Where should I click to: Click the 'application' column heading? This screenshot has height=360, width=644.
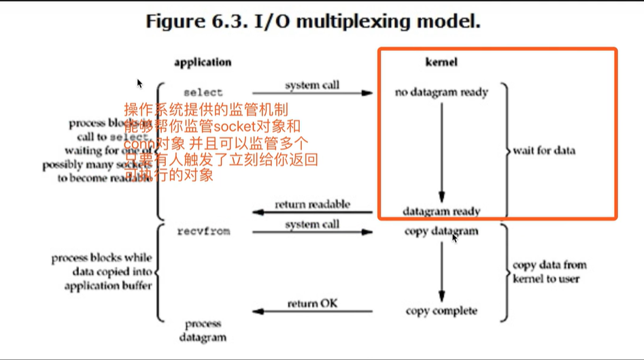click(202, 62)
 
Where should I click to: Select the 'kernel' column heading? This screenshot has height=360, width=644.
click(441, 62)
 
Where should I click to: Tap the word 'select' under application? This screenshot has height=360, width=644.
click(203, 92)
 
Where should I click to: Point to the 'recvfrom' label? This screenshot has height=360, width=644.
click(203, 231)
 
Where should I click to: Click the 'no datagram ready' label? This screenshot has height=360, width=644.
click(441, 92)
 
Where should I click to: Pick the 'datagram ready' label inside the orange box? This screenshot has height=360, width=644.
click(441, 211)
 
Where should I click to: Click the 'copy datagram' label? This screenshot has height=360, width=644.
click(441, 231)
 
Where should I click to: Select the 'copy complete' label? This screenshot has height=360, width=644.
click(441, 311)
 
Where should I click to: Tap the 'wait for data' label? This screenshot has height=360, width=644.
click(544, 150)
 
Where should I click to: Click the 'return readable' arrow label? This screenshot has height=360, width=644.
click(312, 204)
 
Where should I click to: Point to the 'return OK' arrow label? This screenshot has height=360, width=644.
click(312, 303)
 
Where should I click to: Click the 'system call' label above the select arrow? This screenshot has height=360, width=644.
click(312, 86)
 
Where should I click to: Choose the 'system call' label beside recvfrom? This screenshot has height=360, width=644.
click(312, 225)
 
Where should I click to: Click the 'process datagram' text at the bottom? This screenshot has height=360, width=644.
click(203, 330)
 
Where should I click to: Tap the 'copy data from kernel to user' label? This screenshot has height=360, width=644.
click(549, 272)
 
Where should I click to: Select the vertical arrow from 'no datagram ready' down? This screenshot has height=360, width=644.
click(441, 150)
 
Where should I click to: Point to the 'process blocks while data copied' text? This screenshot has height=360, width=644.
click(102, 272)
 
